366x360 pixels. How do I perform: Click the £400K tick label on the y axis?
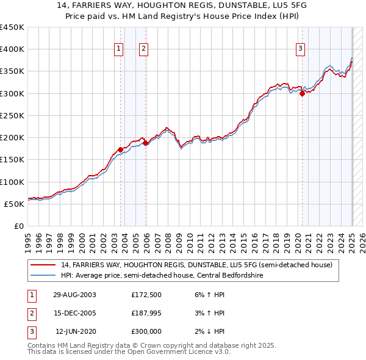[12, 49]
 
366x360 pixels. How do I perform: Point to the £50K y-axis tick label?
[14, 204]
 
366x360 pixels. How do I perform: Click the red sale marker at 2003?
[121, 149]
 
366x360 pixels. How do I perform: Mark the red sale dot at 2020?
[302, 93]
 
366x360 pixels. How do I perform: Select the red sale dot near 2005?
[146, 143]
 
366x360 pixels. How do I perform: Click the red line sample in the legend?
[43, 265]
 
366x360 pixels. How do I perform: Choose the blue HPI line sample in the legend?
[43, 275]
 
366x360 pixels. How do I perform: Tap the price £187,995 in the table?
[146, 313]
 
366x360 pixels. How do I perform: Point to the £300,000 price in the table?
[146, 331]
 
